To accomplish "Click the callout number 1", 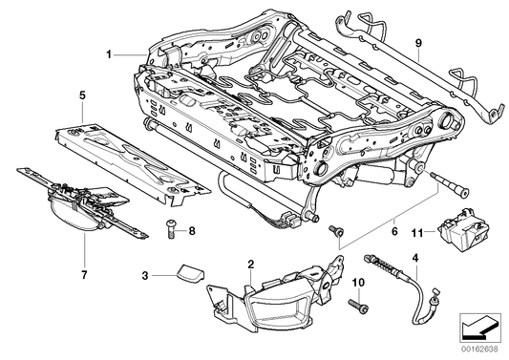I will [x=110, y=54].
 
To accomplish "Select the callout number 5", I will [x=82, y=95].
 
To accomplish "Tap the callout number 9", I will [x=417, y=43].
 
